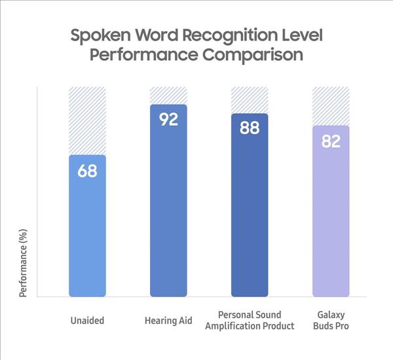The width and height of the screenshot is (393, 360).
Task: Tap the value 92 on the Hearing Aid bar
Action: tap(168, 120)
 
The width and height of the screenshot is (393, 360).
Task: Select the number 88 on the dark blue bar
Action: tap(250, 128)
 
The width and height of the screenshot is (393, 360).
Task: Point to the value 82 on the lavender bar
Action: tap(331, 141)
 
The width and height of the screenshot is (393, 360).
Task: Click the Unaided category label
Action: tap(87, 321)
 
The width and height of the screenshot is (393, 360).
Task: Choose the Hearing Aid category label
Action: tap(168, 321)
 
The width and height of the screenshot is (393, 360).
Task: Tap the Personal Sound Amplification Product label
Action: tap(250, 321)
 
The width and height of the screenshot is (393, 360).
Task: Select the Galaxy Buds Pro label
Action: tap(331, 321)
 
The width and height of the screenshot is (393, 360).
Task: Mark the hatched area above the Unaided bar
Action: tap(87, 120)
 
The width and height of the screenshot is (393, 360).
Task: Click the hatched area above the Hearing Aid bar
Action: tap(168, 95)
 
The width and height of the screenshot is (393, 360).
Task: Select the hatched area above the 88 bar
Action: tap(250, 99)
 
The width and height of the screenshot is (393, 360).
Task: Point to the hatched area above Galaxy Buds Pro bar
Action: tap(331, 105)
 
